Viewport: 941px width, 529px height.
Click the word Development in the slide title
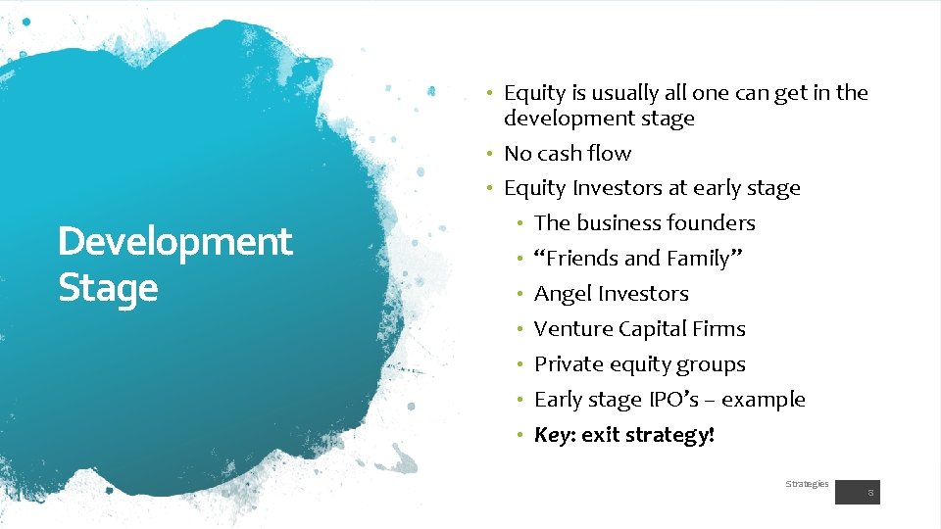point(174,241)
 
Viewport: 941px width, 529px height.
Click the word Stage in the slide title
point(108,288)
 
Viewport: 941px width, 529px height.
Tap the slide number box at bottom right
point(858,491)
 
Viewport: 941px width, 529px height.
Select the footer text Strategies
point(807,484)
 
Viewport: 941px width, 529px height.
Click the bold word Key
point(553,435)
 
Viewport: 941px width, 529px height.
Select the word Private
point(566,364)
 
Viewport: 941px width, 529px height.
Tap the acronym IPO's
point(673,400)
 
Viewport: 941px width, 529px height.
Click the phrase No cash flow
point(568,154)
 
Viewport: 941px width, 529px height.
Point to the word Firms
point(718,329)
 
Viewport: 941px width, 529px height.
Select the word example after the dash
point(768,400)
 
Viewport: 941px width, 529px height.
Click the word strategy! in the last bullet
point(676,435)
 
